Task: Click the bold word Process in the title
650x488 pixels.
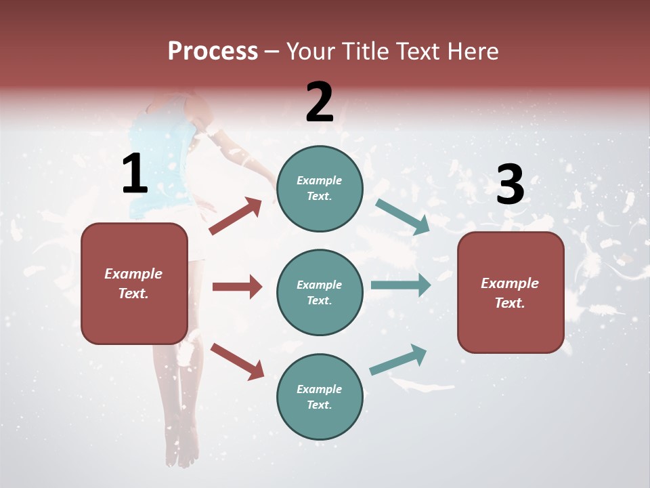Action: pyautogui.click(x=213, y=51)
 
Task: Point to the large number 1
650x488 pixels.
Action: pyautogui.click(x=135, y=174)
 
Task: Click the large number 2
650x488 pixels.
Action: pyautogui.click(x=320, y=102)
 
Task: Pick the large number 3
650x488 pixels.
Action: pyautogui.click(x=510, y=184)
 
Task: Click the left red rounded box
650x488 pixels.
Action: pyautogui.click(x=134, y=283)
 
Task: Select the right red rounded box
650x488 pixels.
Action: pyautogui.click(x=511, y=292)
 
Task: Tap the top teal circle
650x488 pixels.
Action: pyautogui.click(x=320, y=188)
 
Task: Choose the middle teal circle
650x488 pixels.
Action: pyautogui.click(x=320, y=292)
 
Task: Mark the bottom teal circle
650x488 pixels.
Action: pyautogui.click(x=320, y=396)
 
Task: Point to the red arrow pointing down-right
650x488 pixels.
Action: pyautogui.click(x=237, y=361)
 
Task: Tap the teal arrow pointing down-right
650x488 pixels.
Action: pyautogui.click(x=402, y=217)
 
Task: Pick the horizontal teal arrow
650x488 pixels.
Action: pyautogui.click(x=400, y=285)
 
